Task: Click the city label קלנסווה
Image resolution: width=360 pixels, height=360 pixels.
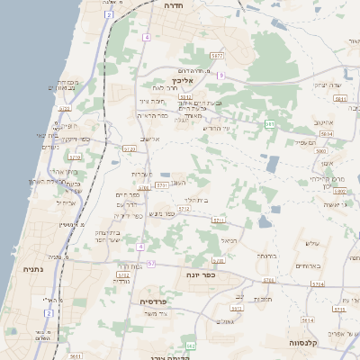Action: [x=309, y=343]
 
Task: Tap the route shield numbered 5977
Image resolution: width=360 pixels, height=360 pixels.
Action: [x=217, y=56]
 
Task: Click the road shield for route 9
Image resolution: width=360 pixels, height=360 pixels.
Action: [x=220, y=75]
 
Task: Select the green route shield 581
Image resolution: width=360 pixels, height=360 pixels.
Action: [x=270, y=123]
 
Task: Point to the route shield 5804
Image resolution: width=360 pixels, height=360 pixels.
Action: [x=327, y=133]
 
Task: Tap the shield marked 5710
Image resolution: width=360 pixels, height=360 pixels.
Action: [x=184, y=209]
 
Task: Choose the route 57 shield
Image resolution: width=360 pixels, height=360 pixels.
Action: [x=151, y=264]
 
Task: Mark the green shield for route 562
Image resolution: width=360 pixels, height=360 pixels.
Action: [x=190, y=345]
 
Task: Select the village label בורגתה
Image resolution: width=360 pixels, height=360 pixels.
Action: [x=265, y=256]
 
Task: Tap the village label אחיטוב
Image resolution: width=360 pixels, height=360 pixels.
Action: [x=324, y=121]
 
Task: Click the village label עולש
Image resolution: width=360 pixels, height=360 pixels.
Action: [x=312, y=243]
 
